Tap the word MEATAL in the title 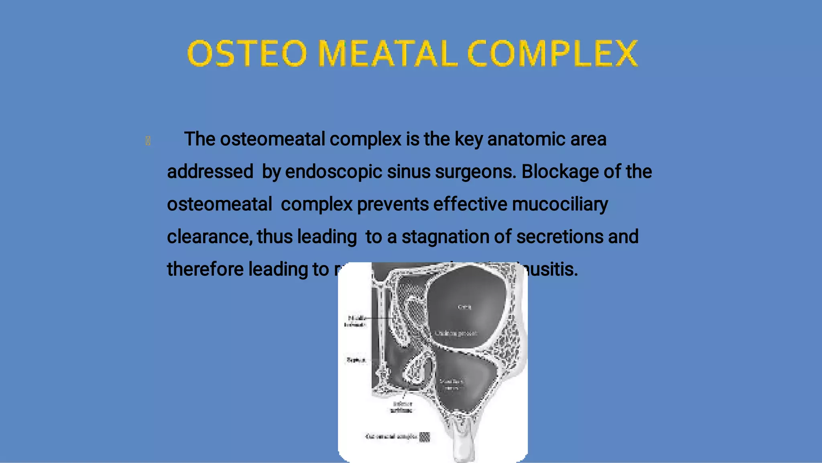click(x=388, y=53)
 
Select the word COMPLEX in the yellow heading click(x=553, y=53)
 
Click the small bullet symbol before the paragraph click(x=148, y=141)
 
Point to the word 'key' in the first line click(x=468, y=139)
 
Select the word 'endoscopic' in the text click(x=334, y=172)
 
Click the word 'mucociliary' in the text click(x=560, y=204)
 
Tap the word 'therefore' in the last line click(x=205, y=269)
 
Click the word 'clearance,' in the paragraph click(x=210, y=237)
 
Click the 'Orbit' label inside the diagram click(x=464, y=307)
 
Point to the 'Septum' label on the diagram click(x=356, y=360)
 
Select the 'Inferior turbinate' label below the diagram click(x=402, y=407)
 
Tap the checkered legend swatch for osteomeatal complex click(x=424, y=437)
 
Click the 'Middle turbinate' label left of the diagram click(x=356, y=321)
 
